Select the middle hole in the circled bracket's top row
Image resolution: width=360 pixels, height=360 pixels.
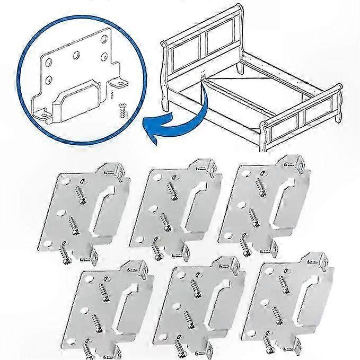(77, 54)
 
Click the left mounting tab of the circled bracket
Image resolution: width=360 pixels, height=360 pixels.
(42, 113)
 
